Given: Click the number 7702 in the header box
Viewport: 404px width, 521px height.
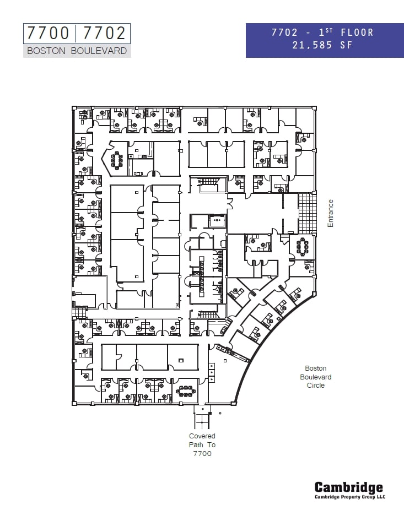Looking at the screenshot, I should (104, 34).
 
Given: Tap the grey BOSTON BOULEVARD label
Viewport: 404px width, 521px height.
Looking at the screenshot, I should (77, 51).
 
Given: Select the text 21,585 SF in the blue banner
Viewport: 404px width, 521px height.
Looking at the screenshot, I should (322, 46).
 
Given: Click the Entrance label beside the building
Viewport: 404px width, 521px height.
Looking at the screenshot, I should (331, 213).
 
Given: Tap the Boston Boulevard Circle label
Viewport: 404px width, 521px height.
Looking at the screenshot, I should (316, 377).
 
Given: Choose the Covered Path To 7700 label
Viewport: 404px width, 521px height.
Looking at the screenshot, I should (202, 444).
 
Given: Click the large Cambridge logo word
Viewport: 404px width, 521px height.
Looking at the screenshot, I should (348, 487).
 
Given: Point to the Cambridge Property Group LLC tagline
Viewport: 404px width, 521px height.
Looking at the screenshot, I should (349, 497).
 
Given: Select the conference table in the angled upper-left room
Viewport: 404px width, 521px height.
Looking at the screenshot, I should (117, 160).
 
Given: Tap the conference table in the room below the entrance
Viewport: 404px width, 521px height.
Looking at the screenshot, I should (303, 246).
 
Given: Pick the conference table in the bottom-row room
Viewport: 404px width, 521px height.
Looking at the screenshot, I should (186, 392).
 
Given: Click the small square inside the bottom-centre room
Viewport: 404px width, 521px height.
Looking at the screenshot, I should (181, 360).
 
